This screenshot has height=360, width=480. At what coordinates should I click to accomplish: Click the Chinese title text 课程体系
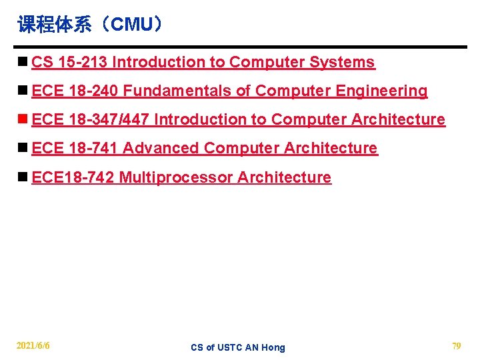[x=57, y=25]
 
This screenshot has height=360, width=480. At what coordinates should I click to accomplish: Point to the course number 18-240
[x=93, y=91]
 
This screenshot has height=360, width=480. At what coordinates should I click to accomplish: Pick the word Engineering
[x=387, y=91]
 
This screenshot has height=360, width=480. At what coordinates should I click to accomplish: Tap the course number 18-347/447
[x=109, y=119]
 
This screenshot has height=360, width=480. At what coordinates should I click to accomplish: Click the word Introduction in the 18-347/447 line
[x=201, y=119]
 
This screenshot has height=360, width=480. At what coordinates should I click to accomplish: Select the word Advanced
[x=161, y=148]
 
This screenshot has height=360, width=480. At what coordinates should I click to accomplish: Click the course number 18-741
[x=93, y=148]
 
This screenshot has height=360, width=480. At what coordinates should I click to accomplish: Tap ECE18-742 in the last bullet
[x=73, y=177]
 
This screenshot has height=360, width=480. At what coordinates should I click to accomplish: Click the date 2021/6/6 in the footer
[x=33, y=346]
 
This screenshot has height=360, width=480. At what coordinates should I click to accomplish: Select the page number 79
[x=457, y=346]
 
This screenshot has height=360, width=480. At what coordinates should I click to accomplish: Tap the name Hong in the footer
[x=273, y=347]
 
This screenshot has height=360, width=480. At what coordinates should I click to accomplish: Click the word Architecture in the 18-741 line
[x=331, y=148]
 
